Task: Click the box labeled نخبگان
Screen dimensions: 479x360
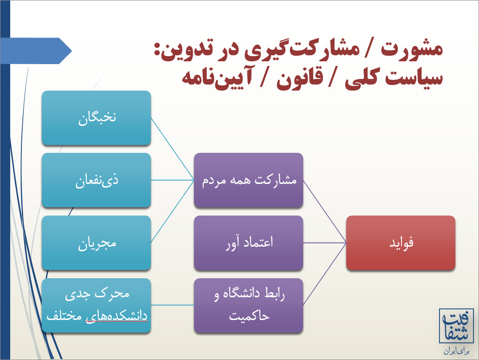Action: [96, 118]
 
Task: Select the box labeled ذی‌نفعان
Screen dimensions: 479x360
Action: [96, 180]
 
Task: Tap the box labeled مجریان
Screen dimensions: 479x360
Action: [96, 243]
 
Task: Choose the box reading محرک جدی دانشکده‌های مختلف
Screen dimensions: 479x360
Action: [96, 306]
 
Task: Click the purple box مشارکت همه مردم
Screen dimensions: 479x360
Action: [248, 180]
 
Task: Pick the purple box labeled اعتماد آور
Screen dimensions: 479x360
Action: [248, 243]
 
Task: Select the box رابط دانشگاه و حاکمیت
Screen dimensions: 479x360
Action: [248, 306]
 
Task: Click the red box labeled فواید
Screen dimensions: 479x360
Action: [401, 243]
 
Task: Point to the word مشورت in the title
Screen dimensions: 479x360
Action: [412, 49]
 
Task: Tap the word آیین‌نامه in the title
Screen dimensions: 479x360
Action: [217, 78]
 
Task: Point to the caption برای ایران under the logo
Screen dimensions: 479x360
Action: [456, 352]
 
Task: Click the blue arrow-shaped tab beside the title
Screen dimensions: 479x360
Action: [36, 51]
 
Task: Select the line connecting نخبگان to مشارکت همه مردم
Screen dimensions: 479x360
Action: [173, 149]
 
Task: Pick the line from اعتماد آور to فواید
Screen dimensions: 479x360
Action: [325, 243]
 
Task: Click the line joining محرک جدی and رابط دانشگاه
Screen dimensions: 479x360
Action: [173, 305]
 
